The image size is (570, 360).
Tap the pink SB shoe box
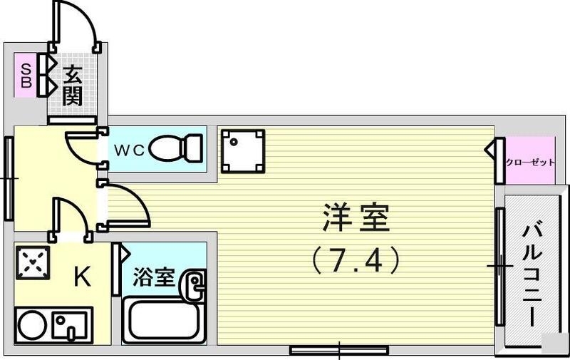pyautogui.click(x=26, y=76)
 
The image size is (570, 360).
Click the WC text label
pyautogui.click(x=130, y=150)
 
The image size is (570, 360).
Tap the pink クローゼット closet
pyautogui.click(x=529, y=162)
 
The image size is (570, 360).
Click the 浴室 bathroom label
pyautogui.click(x=154, y=277)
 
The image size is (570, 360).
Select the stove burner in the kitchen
pyautogui.click(x=31, y=262)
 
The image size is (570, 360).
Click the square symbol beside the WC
pyautogui.click(x=242, y=150)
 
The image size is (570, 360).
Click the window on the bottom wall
pyautogui.click(x=338, y=350)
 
